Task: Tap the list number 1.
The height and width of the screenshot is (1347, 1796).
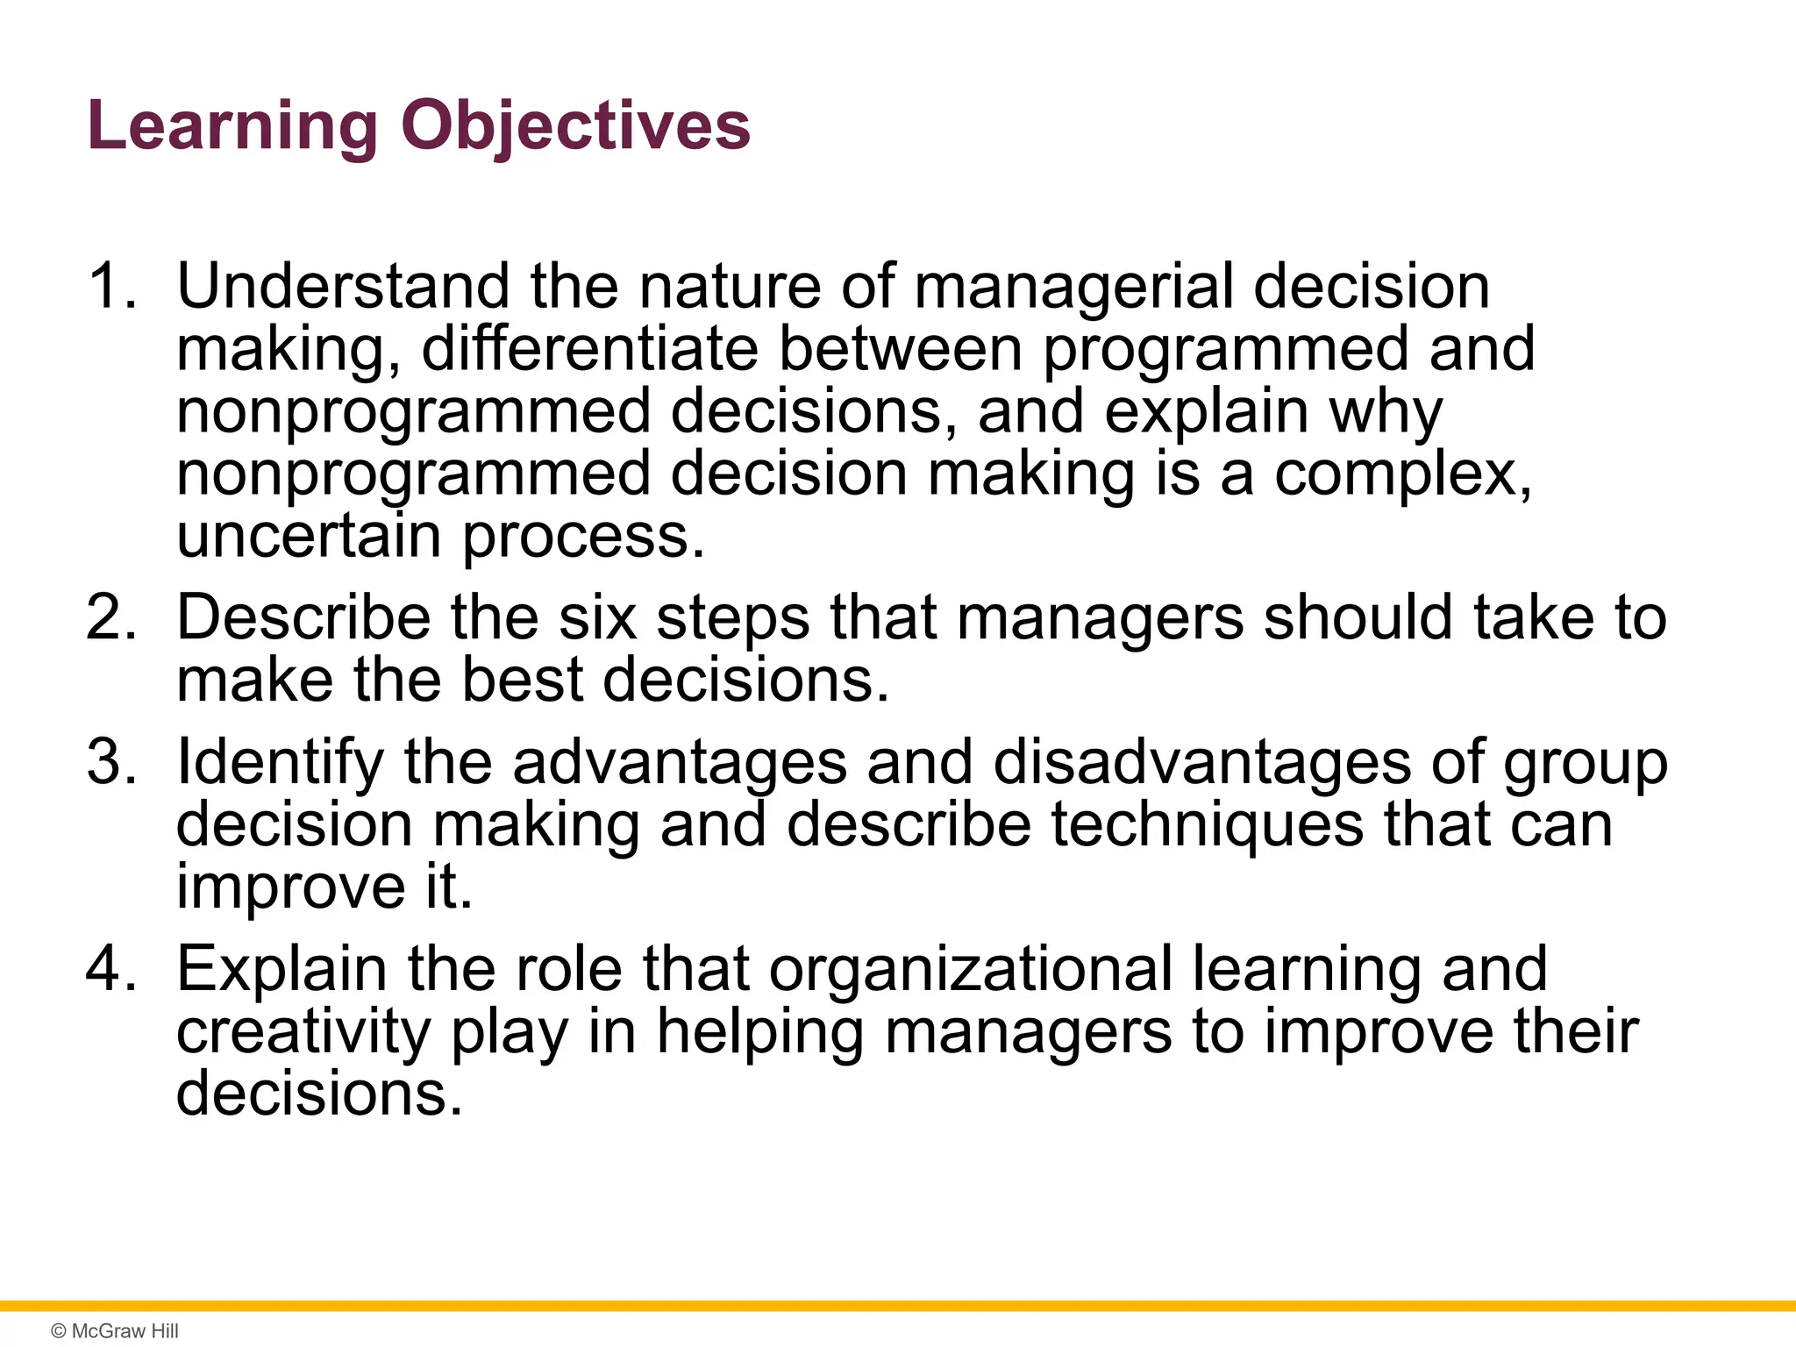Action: click(x=111, y=287)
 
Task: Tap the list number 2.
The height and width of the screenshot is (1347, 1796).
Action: click(x=111, y=617)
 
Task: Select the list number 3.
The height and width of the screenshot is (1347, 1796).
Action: click(x=111, y=761)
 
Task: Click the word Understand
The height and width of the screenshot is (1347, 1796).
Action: click(x=343, y=287)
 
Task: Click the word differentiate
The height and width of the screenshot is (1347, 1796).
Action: click(x=589, y=349)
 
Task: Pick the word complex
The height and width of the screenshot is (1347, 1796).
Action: click(x=1401, y=474)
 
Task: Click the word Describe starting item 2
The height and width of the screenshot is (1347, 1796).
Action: click(x=303, y=617)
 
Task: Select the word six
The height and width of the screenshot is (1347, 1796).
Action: click(x=597, y=617)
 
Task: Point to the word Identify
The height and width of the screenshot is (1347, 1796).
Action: click(x=280, y=761)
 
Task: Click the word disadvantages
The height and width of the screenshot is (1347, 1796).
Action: click(x=1201, y=761)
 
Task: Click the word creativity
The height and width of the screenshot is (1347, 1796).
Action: click(x=303, y=1031)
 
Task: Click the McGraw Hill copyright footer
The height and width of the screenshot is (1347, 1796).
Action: click(x=115, y=1331)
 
